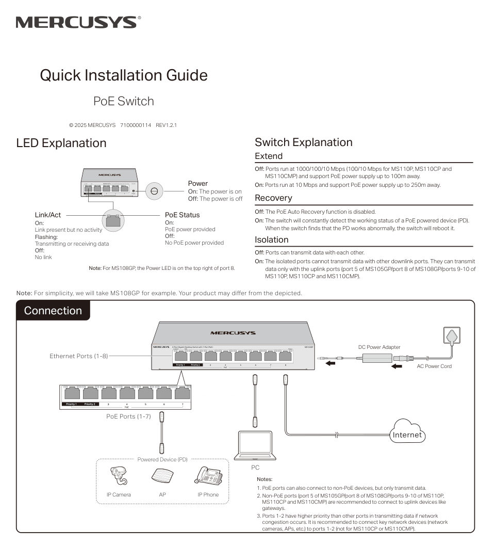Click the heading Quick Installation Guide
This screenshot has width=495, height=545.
(124, 75)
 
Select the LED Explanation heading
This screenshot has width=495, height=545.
(61, 143)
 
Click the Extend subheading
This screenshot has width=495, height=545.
(269, 156)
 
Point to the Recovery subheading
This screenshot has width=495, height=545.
(273, 198)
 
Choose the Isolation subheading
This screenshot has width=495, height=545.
(271, 240)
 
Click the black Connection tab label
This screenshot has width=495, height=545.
(53, 311)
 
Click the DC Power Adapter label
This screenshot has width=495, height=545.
(379, 347)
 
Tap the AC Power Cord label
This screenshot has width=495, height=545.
(434, 366)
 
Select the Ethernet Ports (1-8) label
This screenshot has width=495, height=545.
(78, 356)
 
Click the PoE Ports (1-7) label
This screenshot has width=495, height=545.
(128, 416)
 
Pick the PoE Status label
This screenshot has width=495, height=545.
(182, 215)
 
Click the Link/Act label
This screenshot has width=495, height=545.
(48, 215)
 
